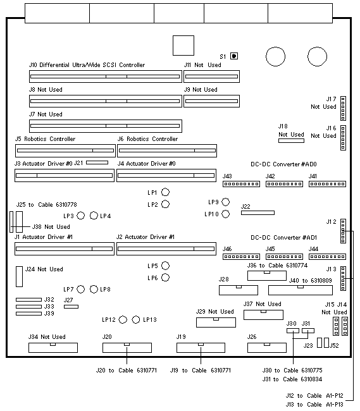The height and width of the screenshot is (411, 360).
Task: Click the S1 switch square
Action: tap(234, 56)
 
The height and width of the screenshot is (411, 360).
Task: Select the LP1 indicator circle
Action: tap(165, 192)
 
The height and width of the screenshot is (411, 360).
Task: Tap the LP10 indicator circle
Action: tap(225, 214)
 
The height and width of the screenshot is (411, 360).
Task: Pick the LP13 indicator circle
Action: tap(136, 320)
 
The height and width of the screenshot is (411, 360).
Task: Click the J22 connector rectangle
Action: tap(258, 213)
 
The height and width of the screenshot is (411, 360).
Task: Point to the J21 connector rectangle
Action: tap(97, 163)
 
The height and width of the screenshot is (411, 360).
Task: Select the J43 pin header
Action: tap(241, 184)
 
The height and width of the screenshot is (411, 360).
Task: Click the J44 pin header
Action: tap(327, 257)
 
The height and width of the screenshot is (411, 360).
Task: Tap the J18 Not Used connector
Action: tap(291, 141)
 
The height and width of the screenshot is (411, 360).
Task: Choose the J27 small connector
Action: tap(71, 307)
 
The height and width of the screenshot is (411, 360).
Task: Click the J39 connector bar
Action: tap(28, 314)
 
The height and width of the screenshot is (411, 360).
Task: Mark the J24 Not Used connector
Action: tap(19, 276)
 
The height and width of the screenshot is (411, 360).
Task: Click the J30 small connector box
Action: tap(292, 331)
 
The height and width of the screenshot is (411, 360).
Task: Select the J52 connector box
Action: tap(326, 343)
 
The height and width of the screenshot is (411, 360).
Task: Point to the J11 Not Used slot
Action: tap(211, 77)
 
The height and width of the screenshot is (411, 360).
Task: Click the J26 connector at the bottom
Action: tap(267, 348)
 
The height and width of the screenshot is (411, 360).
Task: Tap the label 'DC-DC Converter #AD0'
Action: tap(283, 164)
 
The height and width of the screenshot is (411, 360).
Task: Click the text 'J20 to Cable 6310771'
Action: tap(127, 371)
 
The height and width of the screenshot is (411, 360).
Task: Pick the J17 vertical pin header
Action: tap(343, 108)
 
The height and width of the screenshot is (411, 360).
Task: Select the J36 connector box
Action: tap(267, 276)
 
